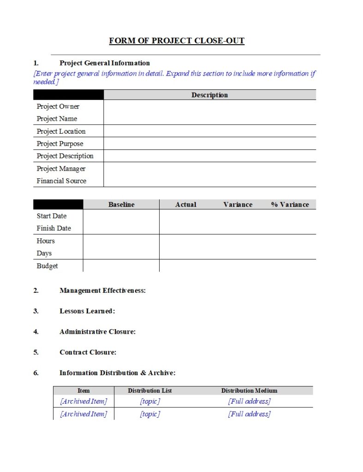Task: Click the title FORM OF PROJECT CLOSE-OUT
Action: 177,41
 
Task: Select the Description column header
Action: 209,95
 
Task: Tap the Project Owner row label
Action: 58,106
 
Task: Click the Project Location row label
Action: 61,131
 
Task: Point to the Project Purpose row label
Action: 60,144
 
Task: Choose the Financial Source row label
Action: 61,181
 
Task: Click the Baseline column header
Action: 121,205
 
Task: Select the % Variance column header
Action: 290,205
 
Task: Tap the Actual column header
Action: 185,205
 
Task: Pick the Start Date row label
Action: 52,216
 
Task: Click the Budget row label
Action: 47,266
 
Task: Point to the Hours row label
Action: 46,241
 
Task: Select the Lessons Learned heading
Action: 87,311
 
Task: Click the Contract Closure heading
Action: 88,353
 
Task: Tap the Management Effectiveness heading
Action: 102,291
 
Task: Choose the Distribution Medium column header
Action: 249,391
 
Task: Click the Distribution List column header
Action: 150,391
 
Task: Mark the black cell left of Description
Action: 68,95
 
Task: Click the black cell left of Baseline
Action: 58,205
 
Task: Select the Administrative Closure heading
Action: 97,332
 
